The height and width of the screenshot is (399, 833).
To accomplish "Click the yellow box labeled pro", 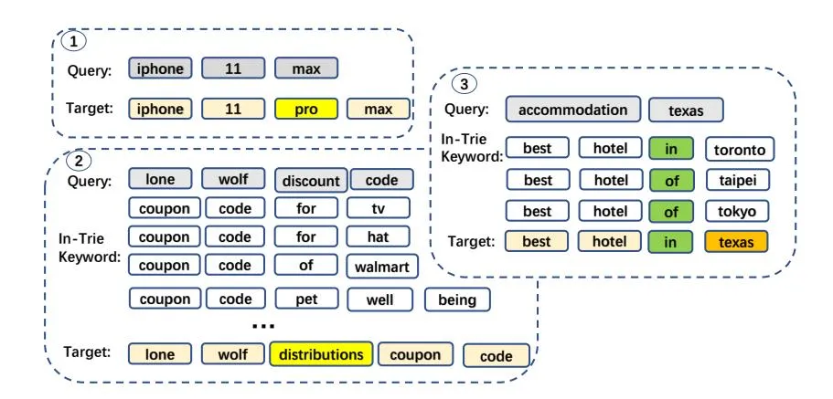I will pyautogui.click(x=306, y=110).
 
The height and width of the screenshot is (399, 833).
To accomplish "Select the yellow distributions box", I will pyautogui.click(x=320, y=354).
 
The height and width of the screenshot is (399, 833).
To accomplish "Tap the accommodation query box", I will pyautogui.click(x=572, y=110).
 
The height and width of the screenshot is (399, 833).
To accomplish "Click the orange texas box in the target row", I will pyautogui.click(x=736, y=242).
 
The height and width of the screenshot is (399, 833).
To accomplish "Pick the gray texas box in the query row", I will pyautogui.click(x=686, y=110).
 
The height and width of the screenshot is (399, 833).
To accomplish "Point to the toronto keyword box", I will pyautogui.click(x=740, y=149).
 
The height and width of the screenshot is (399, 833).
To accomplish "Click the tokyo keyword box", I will pyautogui.click(x=736, y=211).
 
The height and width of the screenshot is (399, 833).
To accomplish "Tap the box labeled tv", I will pyautogui.click(x=379, y=208).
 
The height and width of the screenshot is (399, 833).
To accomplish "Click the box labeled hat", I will pyautogui.click(x=379, y=236).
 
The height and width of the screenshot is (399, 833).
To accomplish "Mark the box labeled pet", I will pyautogui.click(x=306, y=299).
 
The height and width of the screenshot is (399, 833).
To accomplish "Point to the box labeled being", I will pyautogui.click(x=456, y=299).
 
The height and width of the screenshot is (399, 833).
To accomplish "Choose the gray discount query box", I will pyautogui.click(x=309, y=180).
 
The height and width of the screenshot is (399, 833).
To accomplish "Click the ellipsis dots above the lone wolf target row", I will pyautogui.click(x=263, y=326).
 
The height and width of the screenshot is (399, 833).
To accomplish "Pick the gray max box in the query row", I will pyautogui.click(x=306, y=68).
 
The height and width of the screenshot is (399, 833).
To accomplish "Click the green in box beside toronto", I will pyautogui.click(x=672, y=149).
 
